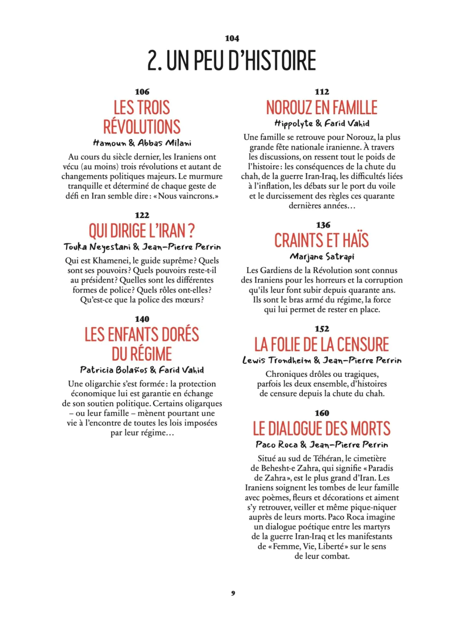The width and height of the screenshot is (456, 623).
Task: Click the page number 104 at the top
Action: [232, 39]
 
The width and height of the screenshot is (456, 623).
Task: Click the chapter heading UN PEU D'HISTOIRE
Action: [232, 61]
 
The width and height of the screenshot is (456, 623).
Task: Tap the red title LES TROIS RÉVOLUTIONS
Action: [142, 117]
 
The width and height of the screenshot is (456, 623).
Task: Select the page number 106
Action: [142, 92]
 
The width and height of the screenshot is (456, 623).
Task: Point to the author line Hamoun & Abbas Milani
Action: [142, 143]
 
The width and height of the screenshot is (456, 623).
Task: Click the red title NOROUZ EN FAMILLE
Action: [321, 107]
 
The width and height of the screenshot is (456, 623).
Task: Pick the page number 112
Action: [322, 92]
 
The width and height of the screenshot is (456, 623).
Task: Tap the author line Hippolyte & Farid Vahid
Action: [321, 123]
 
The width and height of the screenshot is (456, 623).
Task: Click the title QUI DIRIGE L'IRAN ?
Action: [142, 231]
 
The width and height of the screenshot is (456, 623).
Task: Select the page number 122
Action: [142, 215]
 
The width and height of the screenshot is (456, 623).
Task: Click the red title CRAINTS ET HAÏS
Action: [321, 241]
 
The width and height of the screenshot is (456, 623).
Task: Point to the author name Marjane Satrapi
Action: [322, 257]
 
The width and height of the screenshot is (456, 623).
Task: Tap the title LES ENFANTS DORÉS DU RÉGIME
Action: [142, 344]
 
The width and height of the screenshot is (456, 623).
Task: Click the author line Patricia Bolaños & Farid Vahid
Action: [142, 370]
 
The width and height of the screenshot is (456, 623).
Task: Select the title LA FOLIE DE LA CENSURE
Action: [321, 344]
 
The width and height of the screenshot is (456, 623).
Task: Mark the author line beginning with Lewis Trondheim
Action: [321, 360]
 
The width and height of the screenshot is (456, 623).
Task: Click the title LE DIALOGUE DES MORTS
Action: [321, 429]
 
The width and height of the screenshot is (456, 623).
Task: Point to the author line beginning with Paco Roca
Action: [321, 445]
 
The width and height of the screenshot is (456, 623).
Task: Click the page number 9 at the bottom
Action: [233, 593]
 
